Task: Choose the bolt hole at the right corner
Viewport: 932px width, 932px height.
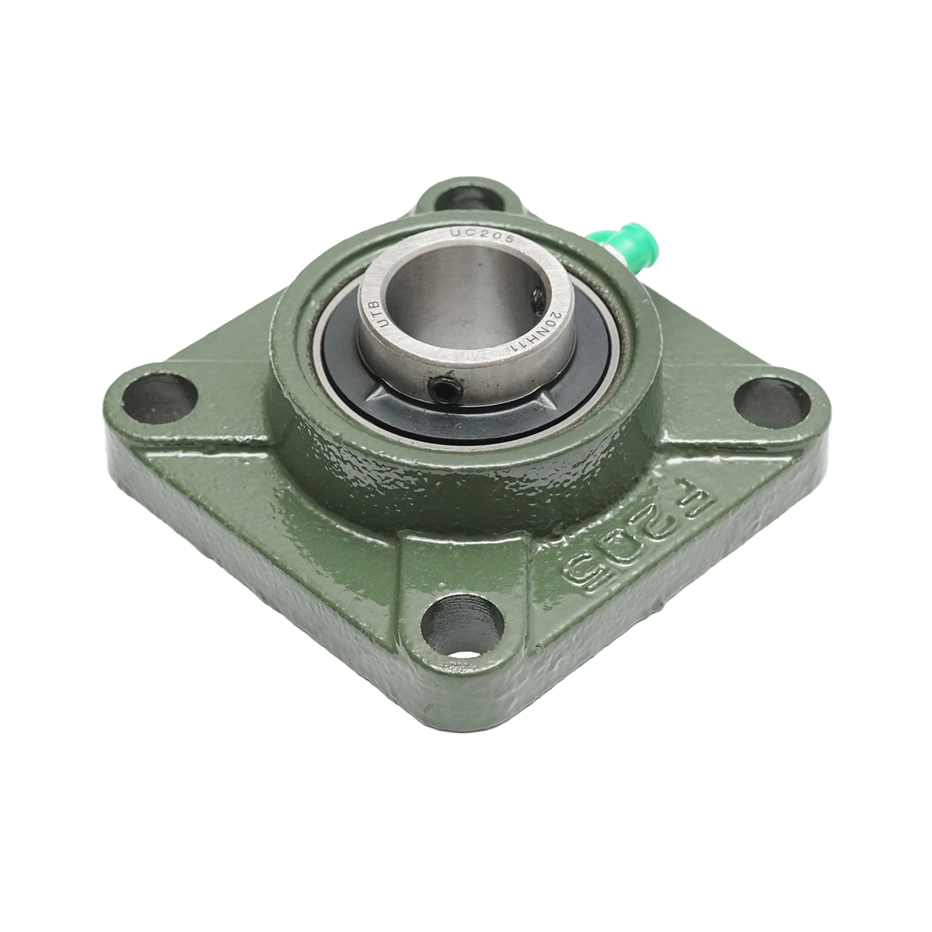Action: click(771, 402)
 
